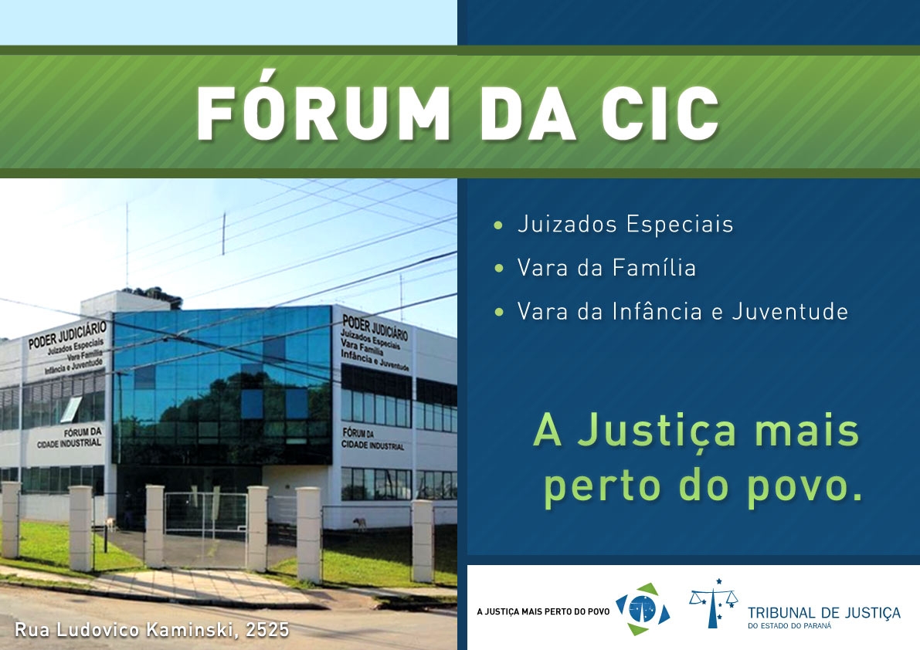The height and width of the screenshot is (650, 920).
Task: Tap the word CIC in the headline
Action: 660,113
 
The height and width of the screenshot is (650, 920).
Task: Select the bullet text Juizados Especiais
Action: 625,225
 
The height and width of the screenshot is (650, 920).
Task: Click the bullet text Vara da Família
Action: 606,268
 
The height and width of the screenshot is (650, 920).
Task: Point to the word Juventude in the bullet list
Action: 789,311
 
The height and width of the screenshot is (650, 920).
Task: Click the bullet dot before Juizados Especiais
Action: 499,225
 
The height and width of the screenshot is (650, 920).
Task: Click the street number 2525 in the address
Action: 267,630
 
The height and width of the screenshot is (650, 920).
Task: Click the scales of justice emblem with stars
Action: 714,603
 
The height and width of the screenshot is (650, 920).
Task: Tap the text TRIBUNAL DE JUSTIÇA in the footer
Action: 823,613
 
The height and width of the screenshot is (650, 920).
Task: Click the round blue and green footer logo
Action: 643,610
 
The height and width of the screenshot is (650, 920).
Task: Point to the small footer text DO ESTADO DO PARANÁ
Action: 789,627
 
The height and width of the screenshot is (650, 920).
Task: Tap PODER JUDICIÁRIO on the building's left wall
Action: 68,334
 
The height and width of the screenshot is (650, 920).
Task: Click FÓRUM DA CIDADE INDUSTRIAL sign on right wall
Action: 373,439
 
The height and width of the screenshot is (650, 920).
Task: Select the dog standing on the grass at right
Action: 360,523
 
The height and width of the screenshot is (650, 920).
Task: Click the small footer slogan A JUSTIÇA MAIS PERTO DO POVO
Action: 543,612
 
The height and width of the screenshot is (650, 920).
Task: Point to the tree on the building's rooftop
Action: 155,296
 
